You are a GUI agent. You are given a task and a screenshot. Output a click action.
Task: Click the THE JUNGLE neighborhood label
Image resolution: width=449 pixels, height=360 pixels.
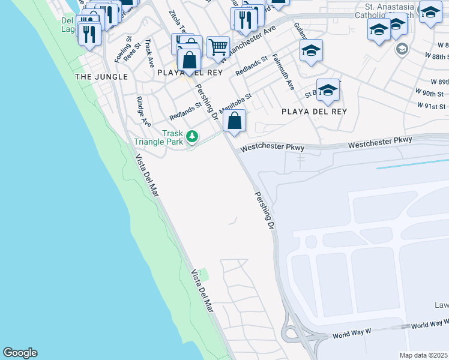tap(101, 77)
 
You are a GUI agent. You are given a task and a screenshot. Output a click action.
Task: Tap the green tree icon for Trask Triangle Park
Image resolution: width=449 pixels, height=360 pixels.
tap(192, 137)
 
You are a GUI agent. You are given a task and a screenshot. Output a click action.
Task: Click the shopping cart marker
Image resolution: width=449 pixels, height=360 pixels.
tap(218, 46)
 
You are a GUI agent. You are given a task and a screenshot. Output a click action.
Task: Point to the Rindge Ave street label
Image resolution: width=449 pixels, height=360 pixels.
tap(143, 111)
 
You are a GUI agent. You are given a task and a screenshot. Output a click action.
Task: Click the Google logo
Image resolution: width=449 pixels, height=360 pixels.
tap(20, 353)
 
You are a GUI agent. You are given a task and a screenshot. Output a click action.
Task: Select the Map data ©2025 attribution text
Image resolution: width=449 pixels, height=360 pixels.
tap(424, 355)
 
